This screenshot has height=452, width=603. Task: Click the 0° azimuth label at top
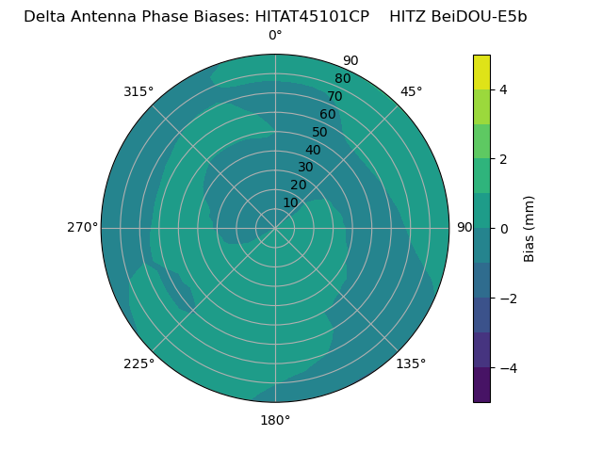click(x=275, y=36)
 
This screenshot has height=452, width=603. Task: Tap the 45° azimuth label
click(x=411, y=91)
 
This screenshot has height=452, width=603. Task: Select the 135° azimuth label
click(x=411, y=363)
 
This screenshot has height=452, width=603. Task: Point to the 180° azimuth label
click(x=275, y=420)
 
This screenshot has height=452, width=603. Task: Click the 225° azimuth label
click(x=139, y=363)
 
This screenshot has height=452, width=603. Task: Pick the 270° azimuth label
click(x=82, y=227)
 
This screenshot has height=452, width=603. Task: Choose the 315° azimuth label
click(x=139, y=91)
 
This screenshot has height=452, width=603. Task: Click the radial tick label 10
click(x=290, y=202)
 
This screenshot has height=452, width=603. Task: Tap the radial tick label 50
click(x=320, y=132)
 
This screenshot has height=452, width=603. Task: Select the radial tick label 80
click(x=343, y=79)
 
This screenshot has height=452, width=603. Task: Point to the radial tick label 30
click(x=305, y=168)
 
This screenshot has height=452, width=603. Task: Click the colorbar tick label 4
click(x=503, y=89)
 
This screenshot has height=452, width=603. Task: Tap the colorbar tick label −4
click(x=507, y=367)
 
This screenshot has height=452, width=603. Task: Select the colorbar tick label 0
click(x=503, y=228)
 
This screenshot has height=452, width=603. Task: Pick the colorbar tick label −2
click(x=507, y=298)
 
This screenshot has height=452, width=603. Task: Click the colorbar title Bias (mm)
click(x=530, y=228)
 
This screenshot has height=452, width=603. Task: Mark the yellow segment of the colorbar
click(x=481, y=73)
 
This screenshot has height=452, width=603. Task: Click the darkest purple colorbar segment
click(x=481, y=384)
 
